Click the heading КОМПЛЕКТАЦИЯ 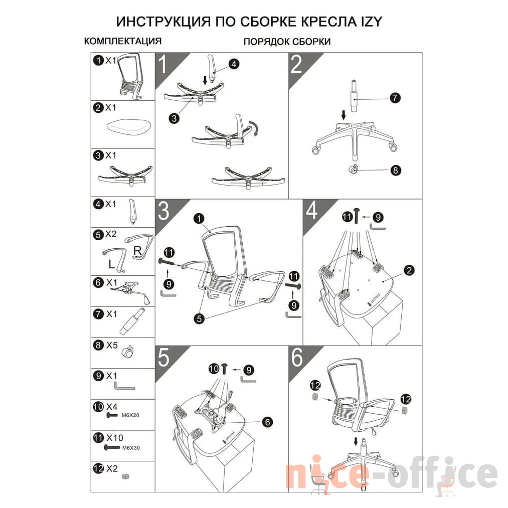click(x=123, y=41)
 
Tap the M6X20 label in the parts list click(x=130, y=415)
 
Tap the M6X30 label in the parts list click(x=131, y=448)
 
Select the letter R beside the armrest click(x=138, y=250)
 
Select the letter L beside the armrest click(x=111, y=264)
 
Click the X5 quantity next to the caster click(x=112, y=345)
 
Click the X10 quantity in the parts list click(x=115, y=438)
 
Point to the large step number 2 click(x=296, y=65)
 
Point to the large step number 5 click(x=163, y=358)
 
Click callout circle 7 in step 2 click(x=395, y=98)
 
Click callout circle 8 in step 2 click(x=395, y=170)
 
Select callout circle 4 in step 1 click(x=234, y=64)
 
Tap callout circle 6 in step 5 click(x=268, y=422)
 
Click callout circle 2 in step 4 click(x=409, y=270)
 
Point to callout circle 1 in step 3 click(x=199, y=219)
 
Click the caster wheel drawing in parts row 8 click(x=128, y=352)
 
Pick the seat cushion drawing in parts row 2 click(x=129, y=127)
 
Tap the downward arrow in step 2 click(x=344, y=115)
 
